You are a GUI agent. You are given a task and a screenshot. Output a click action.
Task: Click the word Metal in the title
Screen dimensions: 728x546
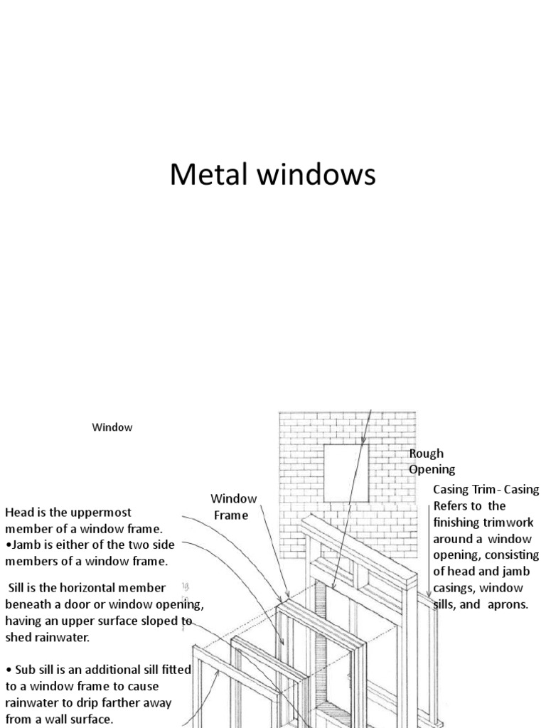(x=204, y=175)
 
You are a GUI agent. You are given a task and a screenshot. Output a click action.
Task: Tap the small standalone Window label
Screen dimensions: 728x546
(x=112, y=427)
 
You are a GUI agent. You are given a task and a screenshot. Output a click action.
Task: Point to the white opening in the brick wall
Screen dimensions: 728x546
(x=346, y=473)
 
